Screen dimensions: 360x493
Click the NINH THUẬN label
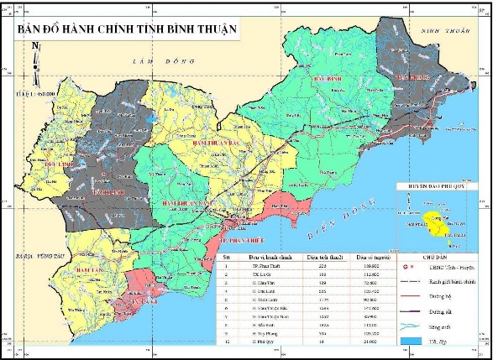443,32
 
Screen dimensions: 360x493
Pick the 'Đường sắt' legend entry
437,310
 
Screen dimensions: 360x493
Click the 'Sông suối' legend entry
437,326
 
